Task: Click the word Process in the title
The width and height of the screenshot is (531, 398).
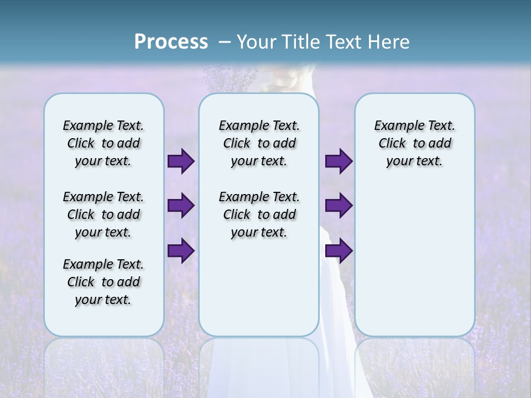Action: (x=171, y=42)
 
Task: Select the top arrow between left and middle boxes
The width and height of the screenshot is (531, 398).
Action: (x=181, y=161)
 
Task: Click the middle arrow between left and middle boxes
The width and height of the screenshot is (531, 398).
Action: (x=181, y=206)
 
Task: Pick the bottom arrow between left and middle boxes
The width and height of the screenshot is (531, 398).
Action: (x=181, y=250)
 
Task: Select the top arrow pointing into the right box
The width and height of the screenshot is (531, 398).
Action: (x=339, y=161)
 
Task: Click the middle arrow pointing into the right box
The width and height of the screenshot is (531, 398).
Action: (x=339, y=206)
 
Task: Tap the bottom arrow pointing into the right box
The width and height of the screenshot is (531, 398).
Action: (x=339, y=250)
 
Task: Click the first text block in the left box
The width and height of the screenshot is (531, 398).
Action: (x=103, y=143)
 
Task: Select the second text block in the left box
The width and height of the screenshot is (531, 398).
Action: (x=103, y=214)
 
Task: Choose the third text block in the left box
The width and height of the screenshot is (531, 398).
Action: (x=103, y=282)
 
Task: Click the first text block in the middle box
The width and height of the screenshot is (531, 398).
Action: (x=259, y=143)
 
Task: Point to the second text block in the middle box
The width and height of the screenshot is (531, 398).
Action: (x=259, y=214)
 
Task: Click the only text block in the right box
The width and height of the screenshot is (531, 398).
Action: (x=414, y=143)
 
